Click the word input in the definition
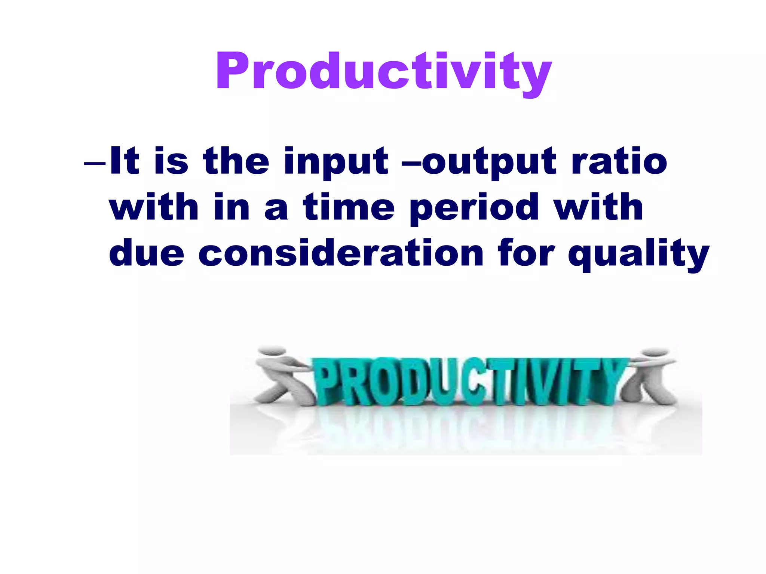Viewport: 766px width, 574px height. [335, 161]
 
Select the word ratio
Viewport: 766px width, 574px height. [619, 161]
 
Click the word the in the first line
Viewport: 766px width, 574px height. [236, 161]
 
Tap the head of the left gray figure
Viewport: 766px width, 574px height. [272, 351]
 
